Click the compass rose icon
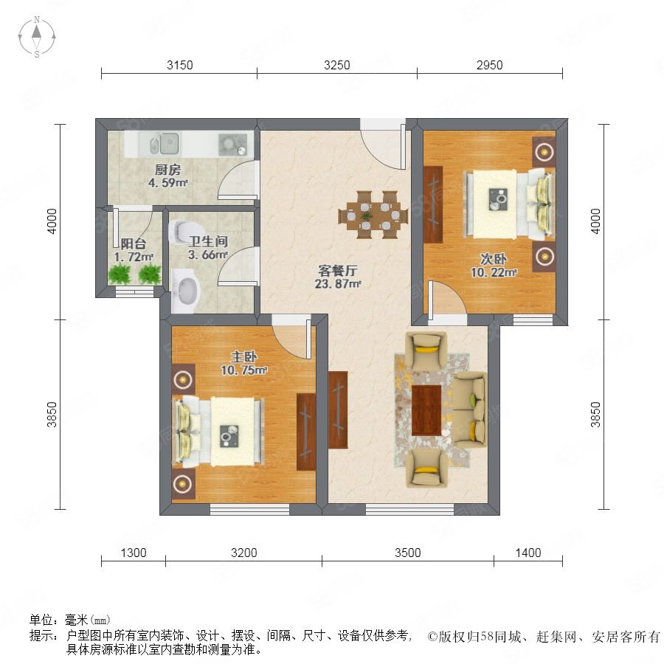(37, 37)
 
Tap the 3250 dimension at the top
(336, 65)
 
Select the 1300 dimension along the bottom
(134, 553)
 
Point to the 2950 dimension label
(490, 65)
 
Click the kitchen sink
(165, 143)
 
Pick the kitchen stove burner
(232, 145)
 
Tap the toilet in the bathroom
(179, 231)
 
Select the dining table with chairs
(373, 215)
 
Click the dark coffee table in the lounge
(426, 410)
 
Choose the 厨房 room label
(167, 170)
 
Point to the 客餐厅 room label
(338, 271)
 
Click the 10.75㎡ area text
(243, 370)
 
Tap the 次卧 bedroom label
(494, 259)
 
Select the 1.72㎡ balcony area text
(134, 257)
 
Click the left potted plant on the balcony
(120, 273)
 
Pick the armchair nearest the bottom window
(426, 468)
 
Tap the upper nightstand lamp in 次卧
(544, 151)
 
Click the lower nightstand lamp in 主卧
(183, 483)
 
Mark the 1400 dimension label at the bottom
(528, 553)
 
